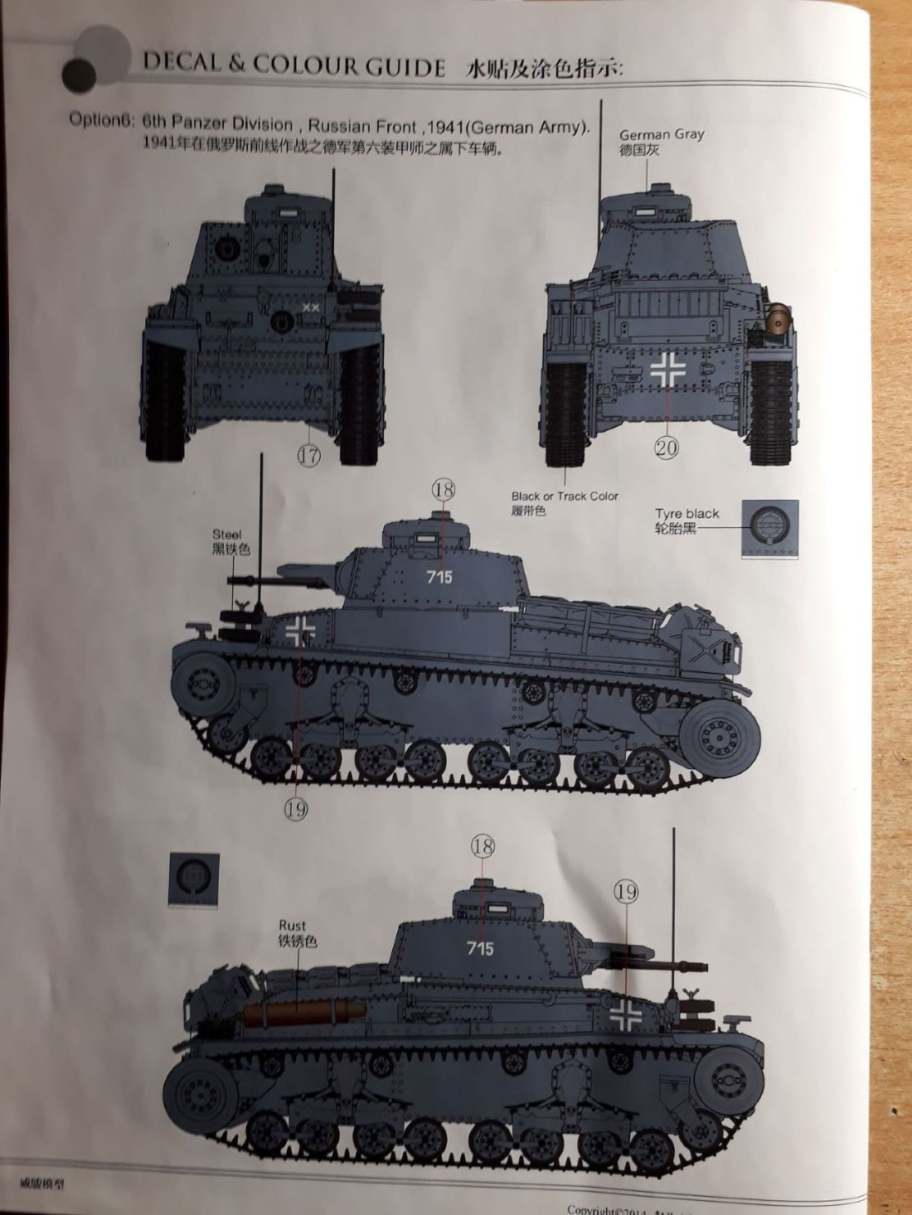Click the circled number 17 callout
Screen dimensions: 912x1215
tap(309, 454)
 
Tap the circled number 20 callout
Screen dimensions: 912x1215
tap(667, 448)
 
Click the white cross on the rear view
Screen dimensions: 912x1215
tap(668, 371)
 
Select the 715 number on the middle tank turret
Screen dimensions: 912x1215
tap(439, 577)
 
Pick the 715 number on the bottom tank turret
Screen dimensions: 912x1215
tap(480, 947)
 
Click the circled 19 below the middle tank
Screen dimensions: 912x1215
tap(296, 809)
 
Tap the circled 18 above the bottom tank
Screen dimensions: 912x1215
tap(482, 846)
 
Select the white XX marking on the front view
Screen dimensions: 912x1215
tap(311, 307)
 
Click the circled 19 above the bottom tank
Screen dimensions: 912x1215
tap(626, 891)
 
